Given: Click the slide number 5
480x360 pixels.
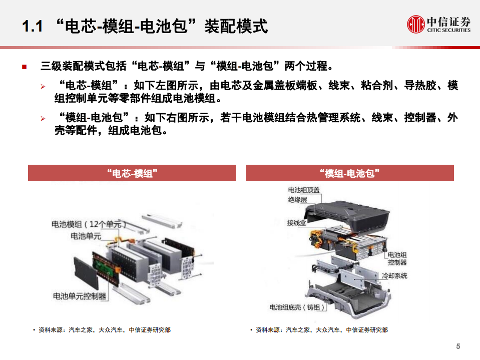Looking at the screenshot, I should point(458,346).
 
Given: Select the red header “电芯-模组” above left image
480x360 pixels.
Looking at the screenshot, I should point(132,173).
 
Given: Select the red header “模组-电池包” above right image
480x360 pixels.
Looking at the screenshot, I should point(349,173).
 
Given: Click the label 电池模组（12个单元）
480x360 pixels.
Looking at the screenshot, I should point(89,224).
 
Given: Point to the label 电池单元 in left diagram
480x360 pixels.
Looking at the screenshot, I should point(86,236).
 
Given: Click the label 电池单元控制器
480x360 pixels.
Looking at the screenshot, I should point(80,296).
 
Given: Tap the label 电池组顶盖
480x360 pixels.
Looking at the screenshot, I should point(304,190).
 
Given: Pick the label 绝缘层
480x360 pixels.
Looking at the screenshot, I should point(297,200).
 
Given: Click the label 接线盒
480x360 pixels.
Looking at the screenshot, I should point(297,223).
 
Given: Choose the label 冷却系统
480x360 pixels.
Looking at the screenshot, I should point(394,276).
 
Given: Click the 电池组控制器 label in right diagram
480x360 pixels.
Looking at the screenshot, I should point(397,259).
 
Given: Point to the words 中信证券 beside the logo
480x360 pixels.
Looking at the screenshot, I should point(448,22).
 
